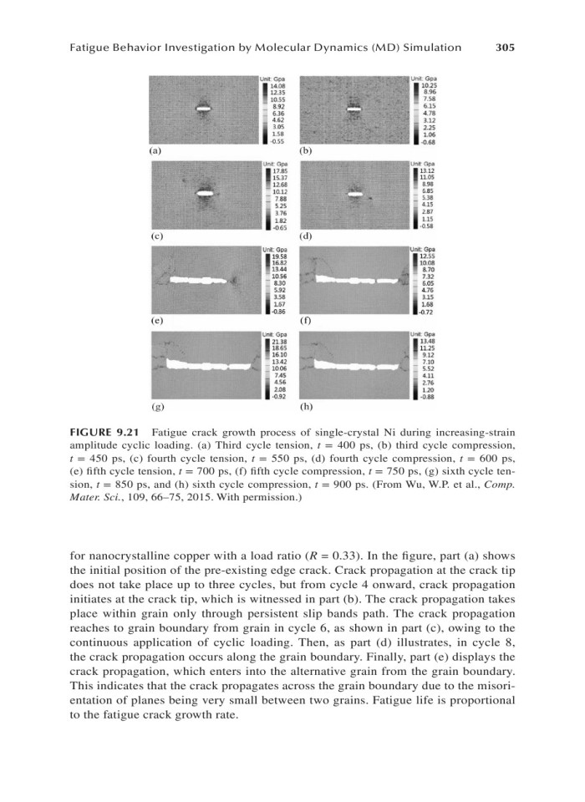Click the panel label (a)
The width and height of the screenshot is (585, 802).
point(155,151)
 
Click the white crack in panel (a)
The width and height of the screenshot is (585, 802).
point(204,109)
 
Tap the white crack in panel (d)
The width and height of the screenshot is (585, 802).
point(354,195)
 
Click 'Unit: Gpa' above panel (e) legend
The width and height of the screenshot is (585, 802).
point(275,249)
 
